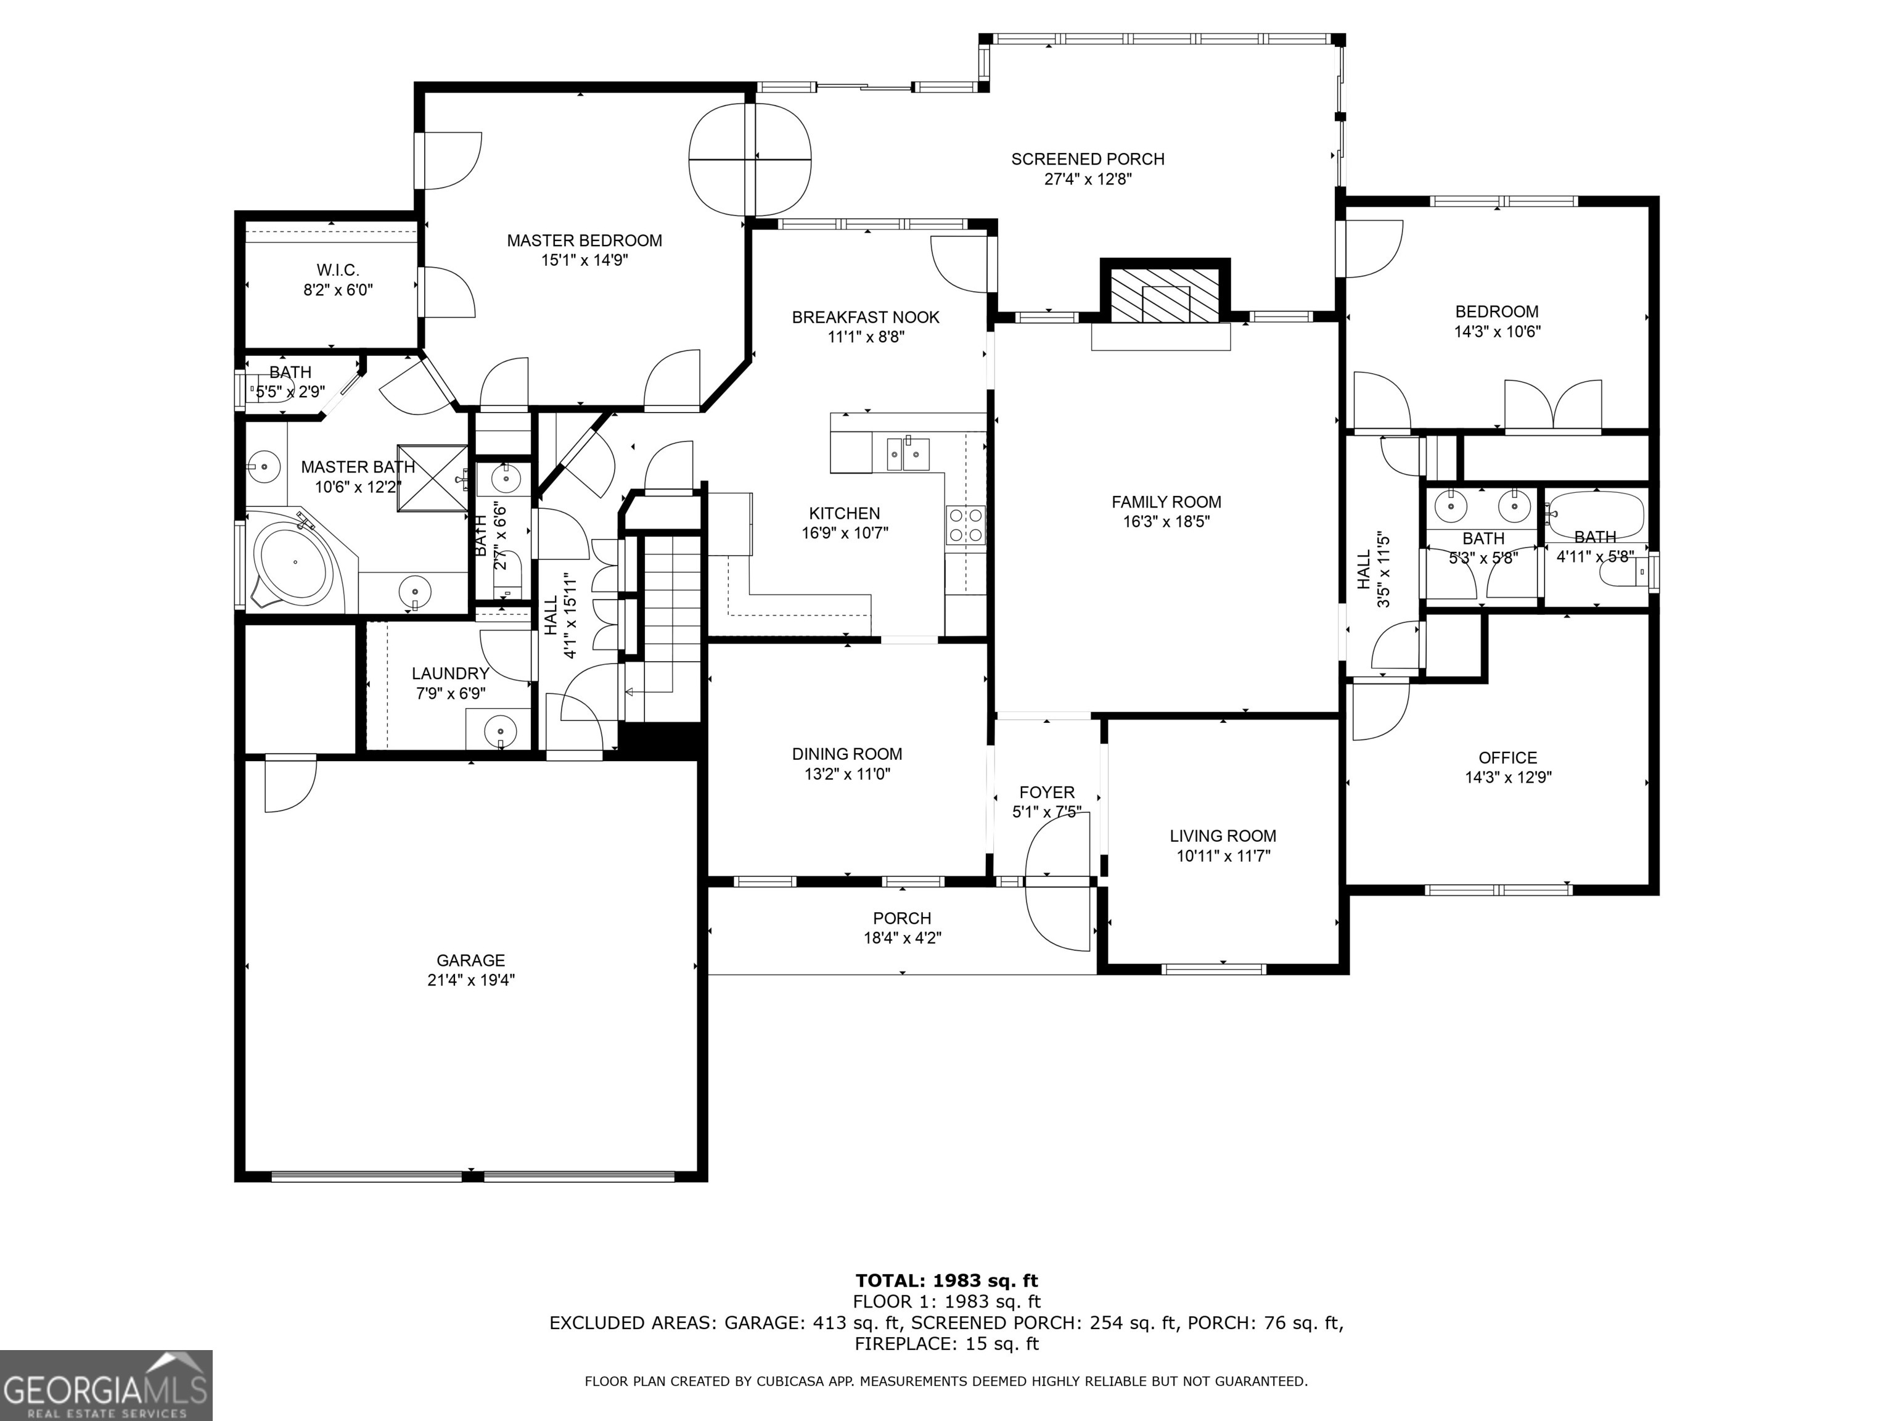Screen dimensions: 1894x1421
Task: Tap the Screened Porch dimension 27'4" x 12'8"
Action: tap(1088, 179)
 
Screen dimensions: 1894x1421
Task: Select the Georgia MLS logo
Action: tap(106, 1385)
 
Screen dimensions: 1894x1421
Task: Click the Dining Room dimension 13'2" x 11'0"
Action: tap(847, 774)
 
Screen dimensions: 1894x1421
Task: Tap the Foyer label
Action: tap(1046, 793)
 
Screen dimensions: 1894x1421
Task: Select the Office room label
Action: tap(1508, 758)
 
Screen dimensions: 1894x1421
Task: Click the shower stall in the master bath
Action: tap(432, 479)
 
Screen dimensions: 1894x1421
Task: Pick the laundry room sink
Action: tap(499, 731)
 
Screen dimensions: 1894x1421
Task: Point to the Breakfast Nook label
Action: tap(866, 318)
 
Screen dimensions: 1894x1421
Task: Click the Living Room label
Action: tap(1223, 836)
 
